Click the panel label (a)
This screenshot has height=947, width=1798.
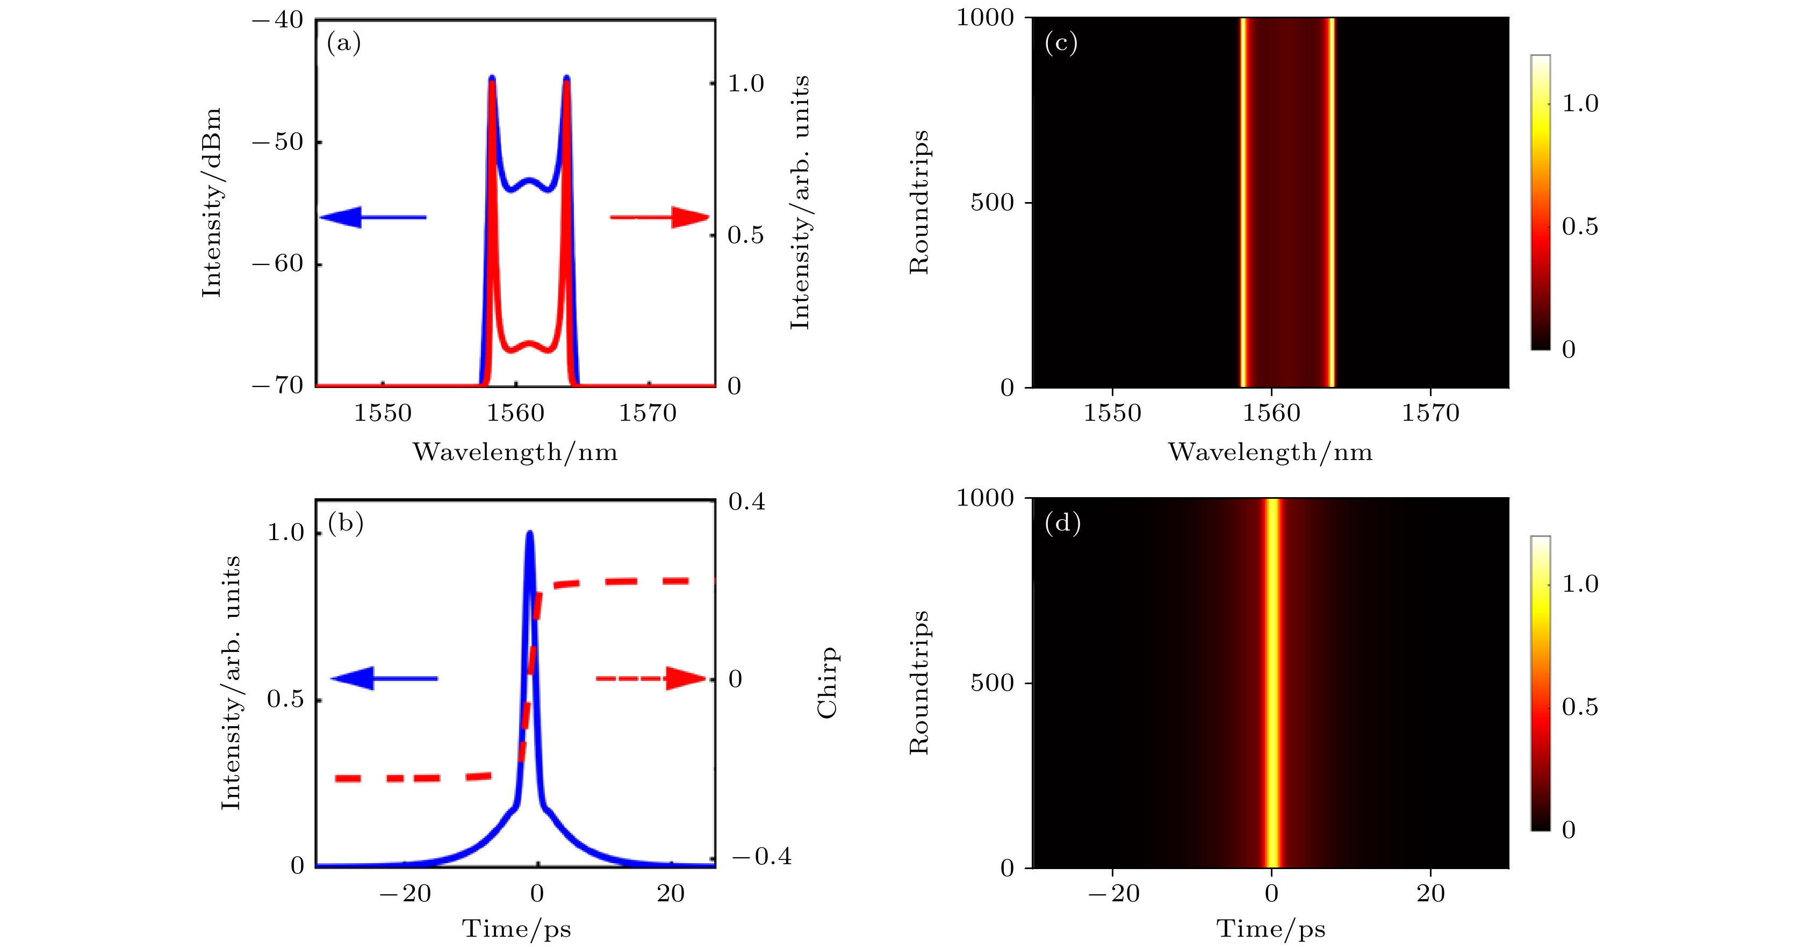[x=343, y=44]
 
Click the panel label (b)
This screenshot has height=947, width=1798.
[x=346, y=523]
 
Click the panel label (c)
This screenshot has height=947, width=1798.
[x=1061, y=44]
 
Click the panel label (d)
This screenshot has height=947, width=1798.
[x=1062, y=523]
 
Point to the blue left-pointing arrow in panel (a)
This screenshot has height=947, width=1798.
[x=372, y=217]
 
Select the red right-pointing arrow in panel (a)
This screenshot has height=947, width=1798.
[x=659, y=217]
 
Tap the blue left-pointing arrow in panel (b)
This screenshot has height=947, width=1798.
[x=383, y=678]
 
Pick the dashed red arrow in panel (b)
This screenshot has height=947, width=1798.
[x=651, y=678]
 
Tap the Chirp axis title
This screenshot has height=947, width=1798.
[x=828, y=682]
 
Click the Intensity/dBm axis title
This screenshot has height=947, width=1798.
[x=212, y=203]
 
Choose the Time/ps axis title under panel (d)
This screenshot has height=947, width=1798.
[x=1270, y=929]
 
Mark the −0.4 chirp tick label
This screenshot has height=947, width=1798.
[x=761, y=856]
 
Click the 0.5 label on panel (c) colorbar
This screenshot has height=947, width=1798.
[x=1579, y=227]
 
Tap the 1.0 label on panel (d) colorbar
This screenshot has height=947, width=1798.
[x=1579, y=584]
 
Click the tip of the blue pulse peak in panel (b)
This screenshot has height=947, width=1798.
[x=530, y=533]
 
